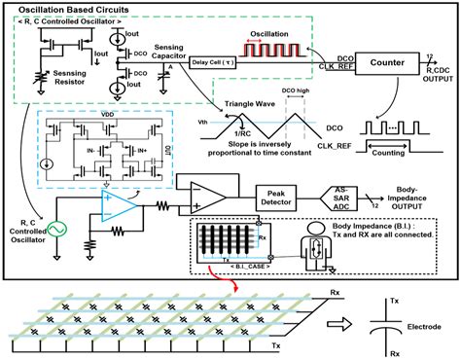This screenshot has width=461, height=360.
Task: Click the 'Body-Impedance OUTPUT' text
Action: click(x=421, y=197)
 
